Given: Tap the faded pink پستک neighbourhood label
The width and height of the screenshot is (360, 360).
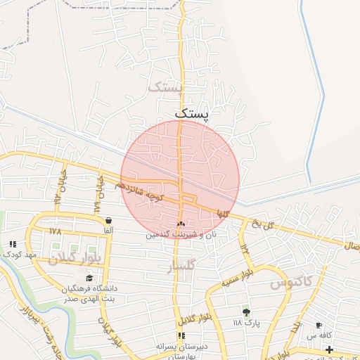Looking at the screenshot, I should coord(165,87).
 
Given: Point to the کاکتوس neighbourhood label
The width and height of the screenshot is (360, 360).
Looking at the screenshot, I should coord(290,283).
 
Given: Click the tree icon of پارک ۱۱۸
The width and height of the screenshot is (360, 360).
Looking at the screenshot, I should coord(245,311).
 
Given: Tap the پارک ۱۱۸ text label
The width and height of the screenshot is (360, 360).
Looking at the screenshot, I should coord(245,323).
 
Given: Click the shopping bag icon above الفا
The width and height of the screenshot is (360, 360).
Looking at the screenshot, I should coord(107,220).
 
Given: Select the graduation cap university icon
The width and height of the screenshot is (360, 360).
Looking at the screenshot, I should coord(89,279).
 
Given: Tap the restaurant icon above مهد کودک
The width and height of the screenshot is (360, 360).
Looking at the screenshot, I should coord(13,244).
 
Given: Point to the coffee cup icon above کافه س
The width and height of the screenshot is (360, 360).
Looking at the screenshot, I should coord(319,326).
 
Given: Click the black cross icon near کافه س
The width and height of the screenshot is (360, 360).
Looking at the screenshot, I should coord(329,349).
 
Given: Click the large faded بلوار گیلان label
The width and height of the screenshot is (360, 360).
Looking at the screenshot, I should coord(75,257).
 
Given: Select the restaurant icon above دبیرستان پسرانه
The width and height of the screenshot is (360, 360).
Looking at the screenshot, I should coord(181,335).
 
